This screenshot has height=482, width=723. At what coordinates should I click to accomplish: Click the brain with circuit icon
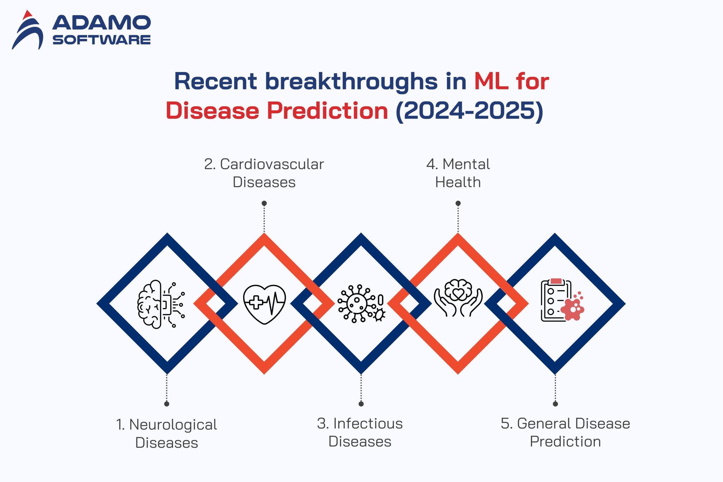click(161, 304)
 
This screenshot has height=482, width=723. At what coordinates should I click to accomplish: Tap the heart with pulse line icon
click(264, 304)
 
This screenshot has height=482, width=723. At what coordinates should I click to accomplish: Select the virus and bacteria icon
click(361, 304)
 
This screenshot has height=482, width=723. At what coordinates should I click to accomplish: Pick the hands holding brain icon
click(458, 298)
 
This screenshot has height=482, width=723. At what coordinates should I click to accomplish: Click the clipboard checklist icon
click(561, 300)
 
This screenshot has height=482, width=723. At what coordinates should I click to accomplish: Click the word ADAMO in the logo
click(102, 23)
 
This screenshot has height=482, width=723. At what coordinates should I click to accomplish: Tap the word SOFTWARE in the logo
click(102, 40)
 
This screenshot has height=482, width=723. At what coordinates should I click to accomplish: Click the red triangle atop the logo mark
click(27, 15)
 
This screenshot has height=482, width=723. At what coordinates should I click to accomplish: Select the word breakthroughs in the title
click(351, 82)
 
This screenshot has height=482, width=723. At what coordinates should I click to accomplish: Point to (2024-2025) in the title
click(469, 111)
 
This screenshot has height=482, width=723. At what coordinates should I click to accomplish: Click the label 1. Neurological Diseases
click(167, 433)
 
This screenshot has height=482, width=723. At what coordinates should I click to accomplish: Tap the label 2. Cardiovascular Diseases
click(264, 173)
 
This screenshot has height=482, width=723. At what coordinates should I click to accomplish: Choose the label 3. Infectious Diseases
click(360, 432)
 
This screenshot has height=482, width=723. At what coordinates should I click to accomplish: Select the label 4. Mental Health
click(458, 173)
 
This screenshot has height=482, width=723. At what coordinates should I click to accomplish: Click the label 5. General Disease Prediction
click(565, 432)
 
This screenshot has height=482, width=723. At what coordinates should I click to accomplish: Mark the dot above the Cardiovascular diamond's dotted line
click(264, 203)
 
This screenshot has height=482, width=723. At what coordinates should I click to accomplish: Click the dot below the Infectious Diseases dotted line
click(361, 404)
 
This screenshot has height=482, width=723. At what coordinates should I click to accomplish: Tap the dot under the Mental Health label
click(458, 203)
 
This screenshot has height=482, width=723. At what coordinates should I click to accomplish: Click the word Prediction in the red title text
click(327, 111)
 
